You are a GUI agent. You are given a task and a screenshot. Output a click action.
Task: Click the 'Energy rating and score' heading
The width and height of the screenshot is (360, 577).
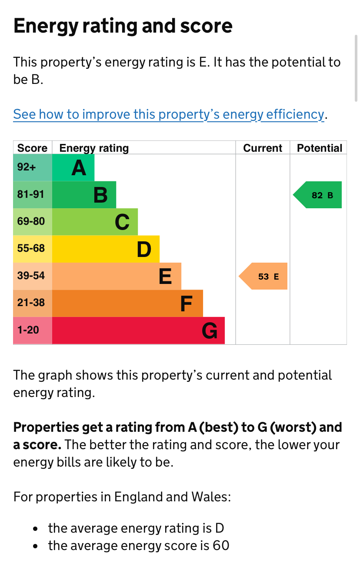[123, 26]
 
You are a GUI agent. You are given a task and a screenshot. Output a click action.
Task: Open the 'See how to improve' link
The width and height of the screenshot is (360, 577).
[169, 114]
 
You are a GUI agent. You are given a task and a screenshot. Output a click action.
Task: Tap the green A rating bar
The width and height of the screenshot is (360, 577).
[73, 168]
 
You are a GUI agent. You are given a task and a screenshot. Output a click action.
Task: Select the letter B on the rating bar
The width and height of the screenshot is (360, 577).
[100, 195]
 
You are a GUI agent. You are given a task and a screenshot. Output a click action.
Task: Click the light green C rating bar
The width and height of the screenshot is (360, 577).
[95, 222]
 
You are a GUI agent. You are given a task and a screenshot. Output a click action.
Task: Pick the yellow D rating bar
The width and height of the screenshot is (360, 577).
[106, 249]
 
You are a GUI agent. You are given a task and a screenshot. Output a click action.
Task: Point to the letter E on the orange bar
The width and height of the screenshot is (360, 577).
[165, 276]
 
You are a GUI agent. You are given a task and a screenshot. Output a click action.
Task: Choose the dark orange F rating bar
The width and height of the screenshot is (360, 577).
[127, 303]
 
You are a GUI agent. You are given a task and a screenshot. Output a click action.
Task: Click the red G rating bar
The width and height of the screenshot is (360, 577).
[138, 330]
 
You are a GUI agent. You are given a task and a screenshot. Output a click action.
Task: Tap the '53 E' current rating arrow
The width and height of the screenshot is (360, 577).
[264, 276]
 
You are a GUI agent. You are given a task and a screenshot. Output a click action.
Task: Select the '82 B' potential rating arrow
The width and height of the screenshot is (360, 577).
[318, 195]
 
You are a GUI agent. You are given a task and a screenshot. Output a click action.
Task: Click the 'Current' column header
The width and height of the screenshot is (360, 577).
[263, 148]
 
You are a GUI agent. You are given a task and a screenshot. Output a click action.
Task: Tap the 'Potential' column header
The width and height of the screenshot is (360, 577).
[320, 148]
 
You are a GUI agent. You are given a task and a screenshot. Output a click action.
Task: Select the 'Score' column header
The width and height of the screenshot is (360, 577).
[32, 148]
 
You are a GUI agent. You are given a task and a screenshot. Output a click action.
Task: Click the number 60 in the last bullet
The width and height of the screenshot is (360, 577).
[221, 545]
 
